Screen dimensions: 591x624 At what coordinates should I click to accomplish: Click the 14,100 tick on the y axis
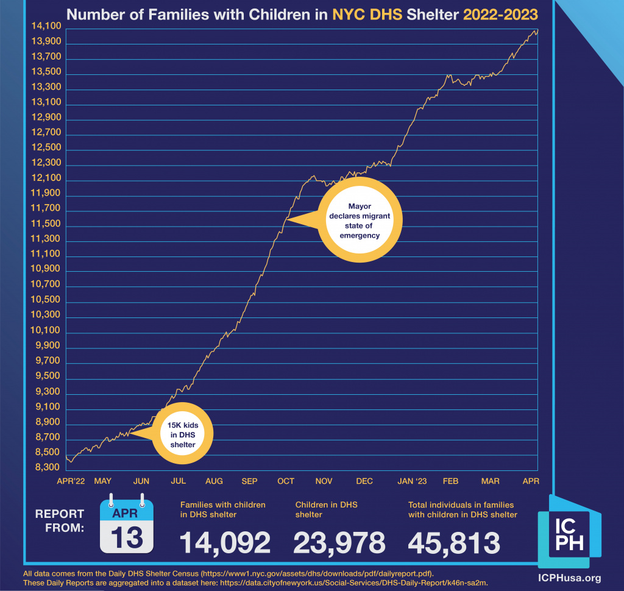(x=46, y=26)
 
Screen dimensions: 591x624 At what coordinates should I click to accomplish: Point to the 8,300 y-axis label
(x=46, y=468)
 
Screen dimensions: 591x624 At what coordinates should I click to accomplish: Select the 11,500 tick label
(x=46, y=224)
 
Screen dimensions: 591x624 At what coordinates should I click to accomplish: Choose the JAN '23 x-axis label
(x=412, y=481)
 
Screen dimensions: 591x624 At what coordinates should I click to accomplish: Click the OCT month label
(x=286, y=481)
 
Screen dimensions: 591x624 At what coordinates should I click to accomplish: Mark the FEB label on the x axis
(x=450, y=481)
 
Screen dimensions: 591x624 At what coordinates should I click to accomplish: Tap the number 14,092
(x=225, y=542)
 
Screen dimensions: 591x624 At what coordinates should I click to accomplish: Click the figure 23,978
(x=339, y=542)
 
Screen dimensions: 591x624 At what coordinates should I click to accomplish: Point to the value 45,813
(x=454, y=542)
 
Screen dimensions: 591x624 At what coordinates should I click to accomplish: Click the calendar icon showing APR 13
(x=126, y=523)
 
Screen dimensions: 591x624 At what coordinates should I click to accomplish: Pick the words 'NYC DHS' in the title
(x=367, y=14)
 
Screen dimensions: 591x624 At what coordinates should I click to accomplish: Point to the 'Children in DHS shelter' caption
(x=327, y=509)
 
